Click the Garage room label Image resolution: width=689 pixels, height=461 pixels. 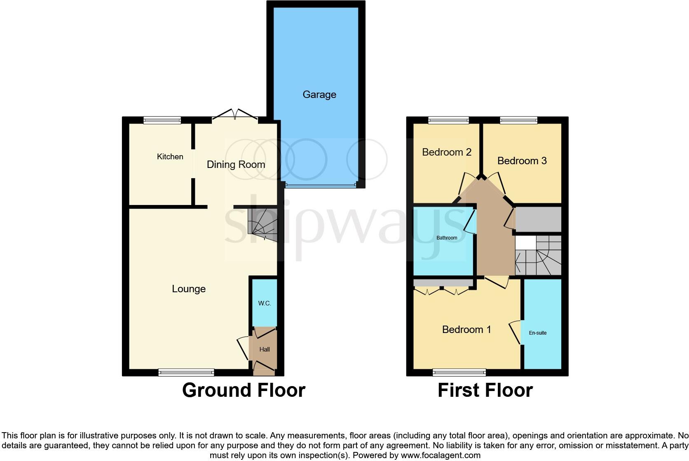[319, 95]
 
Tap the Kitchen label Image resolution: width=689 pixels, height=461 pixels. [170, 157]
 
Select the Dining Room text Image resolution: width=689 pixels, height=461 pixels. [236, 165]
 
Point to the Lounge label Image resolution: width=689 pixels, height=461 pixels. [189, 289]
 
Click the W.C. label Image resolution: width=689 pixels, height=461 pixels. [265, 303]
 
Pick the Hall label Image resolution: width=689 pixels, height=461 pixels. [265, 349]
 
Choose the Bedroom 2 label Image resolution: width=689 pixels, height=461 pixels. [447, 152]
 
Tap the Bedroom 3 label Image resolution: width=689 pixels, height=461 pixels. [522, 161]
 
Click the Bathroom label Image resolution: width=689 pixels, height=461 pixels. [447, 238]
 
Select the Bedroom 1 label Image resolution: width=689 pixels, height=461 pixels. [466, 330]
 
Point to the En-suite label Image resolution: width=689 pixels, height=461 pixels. [538, 333]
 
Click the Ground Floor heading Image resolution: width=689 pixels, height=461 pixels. [244, 390]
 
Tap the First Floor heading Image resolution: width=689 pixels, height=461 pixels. [485, 390]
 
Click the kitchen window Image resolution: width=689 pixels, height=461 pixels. [162, 120]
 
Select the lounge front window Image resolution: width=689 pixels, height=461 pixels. [186, 373]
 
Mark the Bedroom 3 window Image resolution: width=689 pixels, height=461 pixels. [518, 120]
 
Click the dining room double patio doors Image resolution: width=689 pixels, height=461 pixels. [235, 115]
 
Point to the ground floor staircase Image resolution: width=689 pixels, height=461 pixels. [262, 224]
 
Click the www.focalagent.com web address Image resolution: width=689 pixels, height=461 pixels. [440, 455]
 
